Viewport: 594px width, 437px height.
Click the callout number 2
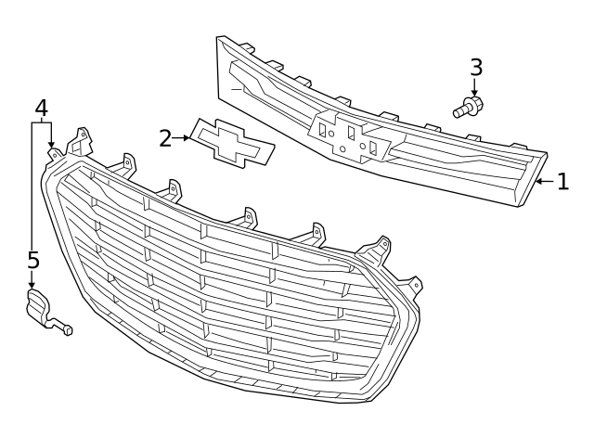click(166, 138)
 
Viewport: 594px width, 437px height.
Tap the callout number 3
click(476, 67)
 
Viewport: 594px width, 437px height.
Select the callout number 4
click(41, 108)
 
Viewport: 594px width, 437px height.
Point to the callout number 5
click(32, 260)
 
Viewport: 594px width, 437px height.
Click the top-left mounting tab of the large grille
click(82, 141)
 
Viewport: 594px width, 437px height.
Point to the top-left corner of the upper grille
click(221, 39)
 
